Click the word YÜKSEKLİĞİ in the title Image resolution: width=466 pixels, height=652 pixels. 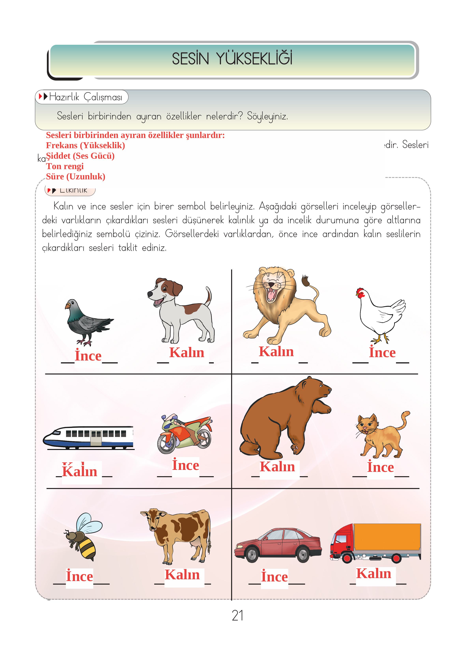click(254, 59)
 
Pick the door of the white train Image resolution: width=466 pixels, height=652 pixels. click(96, 438)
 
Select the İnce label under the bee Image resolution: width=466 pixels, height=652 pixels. click(79, 576)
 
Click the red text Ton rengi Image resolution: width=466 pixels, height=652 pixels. click(65, 166)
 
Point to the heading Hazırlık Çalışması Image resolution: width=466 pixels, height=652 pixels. click(86, 97)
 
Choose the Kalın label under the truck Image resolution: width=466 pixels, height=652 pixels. click(374, 573)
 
